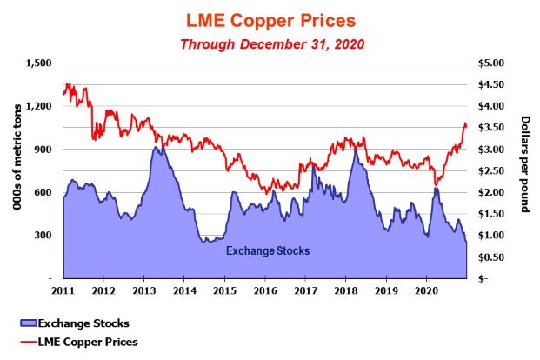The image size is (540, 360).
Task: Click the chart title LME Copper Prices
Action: pyautogui.click(x=270, y=18)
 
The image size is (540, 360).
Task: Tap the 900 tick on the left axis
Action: pyautogui.click(x=43, y=150)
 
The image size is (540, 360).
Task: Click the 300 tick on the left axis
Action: pyautogui.click(x=43, y=235)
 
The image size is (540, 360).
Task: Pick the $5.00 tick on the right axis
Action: pyautogui.click(x=487, y=63)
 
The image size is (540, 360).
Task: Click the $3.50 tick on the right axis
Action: pyautogui.click(x=487, y=128)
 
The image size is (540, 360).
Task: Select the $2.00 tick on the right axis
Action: pyautogui.click(x=487, y=192)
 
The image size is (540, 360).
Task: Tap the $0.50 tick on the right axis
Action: pyautogui.click(x=487, y=257)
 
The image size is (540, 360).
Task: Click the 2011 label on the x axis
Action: pyautogui.click(x=63, y=289)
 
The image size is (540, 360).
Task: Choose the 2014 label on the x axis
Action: pyautogui.click(x=183, y=289)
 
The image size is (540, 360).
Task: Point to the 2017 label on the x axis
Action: pyautogui.click(x=305, y=289)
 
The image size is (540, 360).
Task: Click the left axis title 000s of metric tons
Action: pyautogui.click(x=15, y=170)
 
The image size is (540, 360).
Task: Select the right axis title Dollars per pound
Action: pyautogui.click(x=525, y=170)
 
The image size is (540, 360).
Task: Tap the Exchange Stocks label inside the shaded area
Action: pyautogui.click(x=268, y=251)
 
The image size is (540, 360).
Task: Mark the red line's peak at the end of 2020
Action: pyautogui.click(x=465, y=123)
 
